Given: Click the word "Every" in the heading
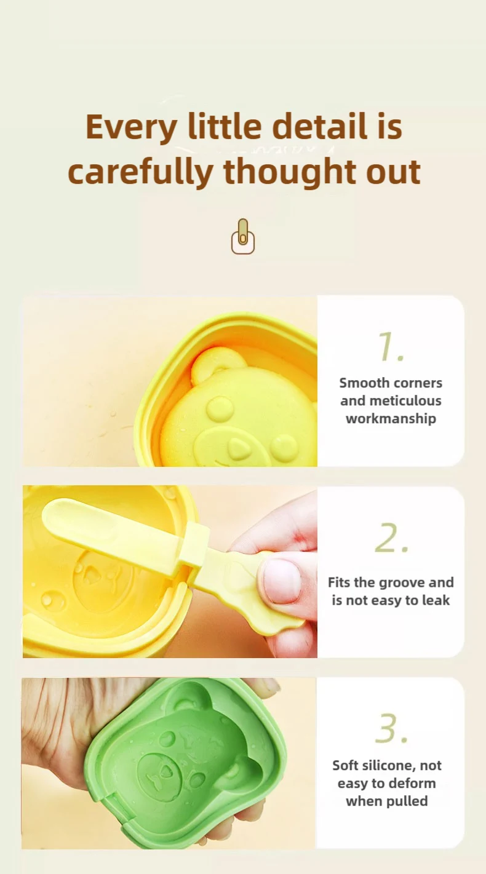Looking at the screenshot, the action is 131,127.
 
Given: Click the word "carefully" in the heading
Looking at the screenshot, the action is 140,172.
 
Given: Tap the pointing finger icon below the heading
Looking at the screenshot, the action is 243,236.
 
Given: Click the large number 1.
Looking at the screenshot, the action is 391,346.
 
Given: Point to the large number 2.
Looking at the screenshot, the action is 391,538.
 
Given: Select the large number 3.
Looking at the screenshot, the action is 391,728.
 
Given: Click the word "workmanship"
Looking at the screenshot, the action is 391,419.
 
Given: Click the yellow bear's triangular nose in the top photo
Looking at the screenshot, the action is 237,447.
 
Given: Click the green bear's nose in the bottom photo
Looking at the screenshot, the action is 165,771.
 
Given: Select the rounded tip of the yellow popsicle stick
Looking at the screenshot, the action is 50,510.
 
